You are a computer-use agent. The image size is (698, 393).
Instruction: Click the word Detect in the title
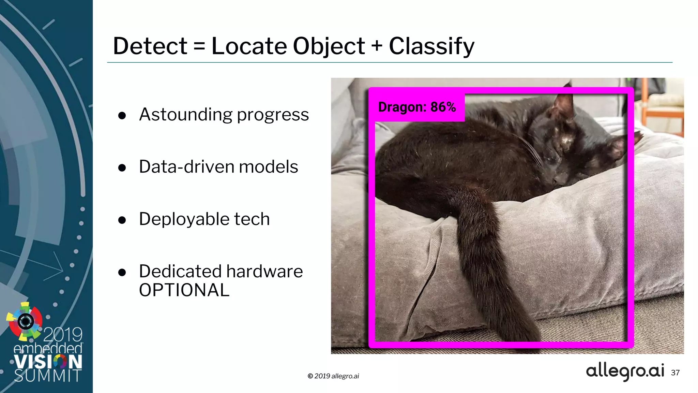(x=150, y=46)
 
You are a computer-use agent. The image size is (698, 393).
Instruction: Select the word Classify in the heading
(x=431, y=46)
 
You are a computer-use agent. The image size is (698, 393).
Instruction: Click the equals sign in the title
(x=199, y=46)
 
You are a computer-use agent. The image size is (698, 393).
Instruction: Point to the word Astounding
(x=186, y=115)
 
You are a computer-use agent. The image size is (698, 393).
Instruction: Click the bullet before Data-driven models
(x=122, y=168)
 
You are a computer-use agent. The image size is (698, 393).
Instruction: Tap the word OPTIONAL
(x=184, y=290)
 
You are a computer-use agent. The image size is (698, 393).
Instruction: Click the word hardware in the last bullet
(x=264, y=272)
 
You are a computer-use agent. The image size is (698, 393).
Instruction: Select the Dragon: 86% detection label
(x=417, y=107)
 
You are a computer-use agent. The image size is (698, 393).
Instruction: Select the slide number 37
(x=675, y=373)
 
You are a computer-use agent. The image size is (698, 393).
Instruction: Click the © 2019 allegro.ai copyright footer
(x=333, y=376)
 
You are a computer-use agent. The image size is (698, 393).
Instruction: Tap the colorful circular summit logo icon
(x=25, y=321)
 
